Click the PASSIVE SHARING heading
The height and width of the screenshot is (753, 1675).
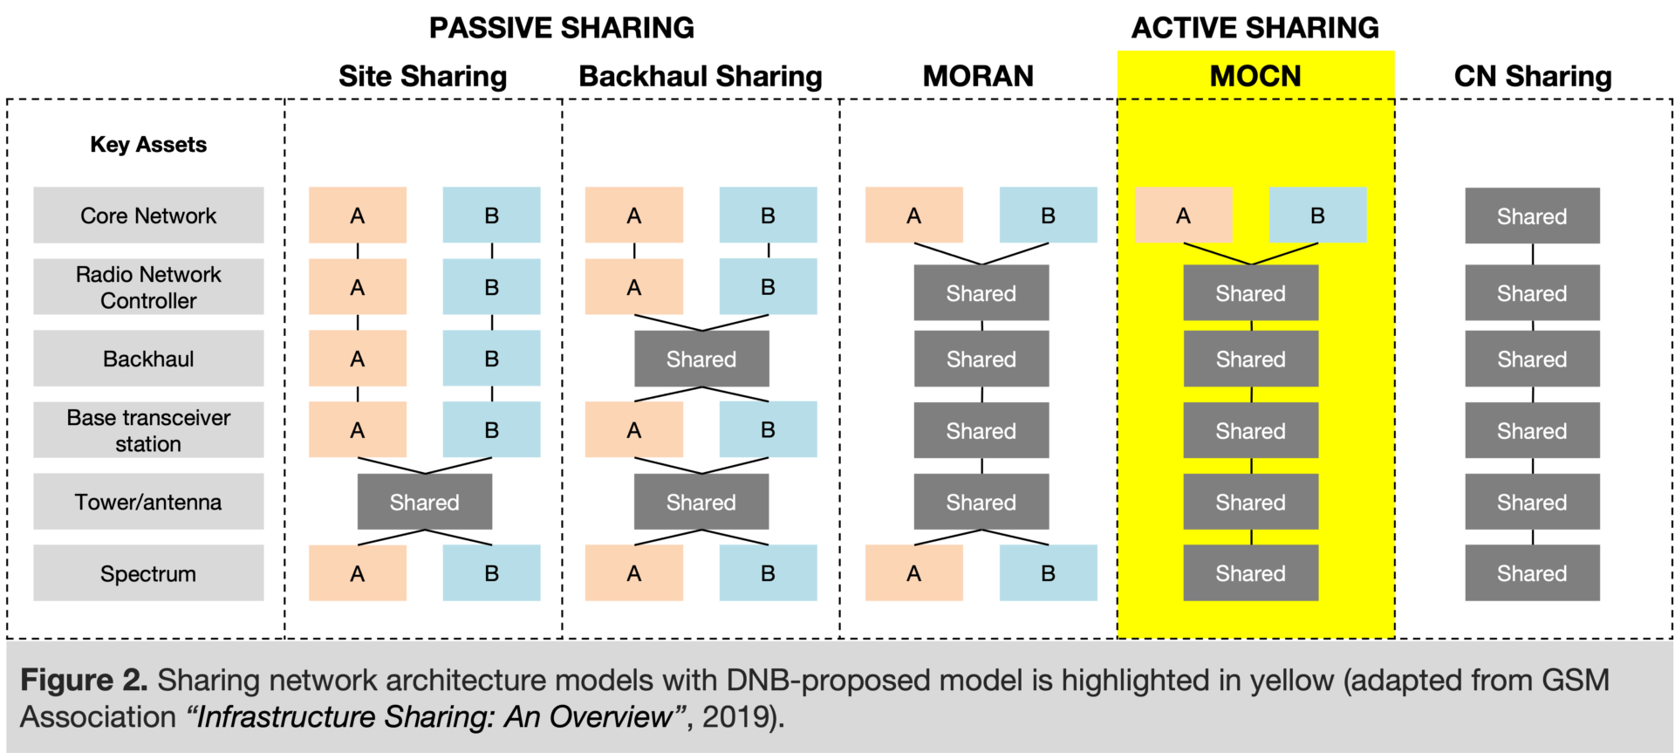561,28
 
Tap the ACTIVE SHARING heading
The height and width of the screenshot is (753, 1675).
1255,28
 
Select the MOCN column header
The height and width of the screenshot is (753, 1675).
1255,76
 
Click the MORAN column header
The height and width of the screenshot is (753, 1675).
978,76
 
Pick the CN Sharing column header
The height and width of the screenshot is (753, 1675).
1532,76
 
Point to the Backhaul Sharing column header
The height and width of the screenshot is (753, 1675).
701,76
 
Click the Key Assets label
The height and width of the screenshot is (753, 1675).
148,145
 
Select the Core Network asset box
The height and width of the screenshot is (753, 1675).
148,216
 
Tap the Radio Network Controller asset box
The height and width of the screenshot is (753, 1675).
148,287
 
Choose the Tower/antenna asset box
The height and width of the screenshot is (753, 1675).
148,502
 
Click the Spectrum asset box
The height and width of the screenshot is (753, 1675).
148,573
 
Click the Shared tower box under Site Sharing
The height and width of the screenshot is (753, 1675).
424,502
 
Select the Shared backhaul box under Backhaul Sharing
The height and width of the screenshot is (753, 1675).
701,359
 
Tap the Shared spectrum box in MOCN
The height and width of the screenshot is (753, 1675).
1250,573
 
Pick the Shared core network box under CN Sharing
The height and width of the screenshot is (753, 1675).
1532,216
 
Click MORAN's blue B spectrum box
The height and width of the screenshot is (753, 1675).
1048,573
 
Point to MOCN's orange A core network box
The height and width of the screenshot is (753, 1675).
1183,216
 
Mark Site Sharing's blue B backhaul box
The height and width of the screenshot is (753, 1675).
491,359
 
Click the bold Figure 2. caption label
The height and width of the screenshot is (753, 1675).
83,680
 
